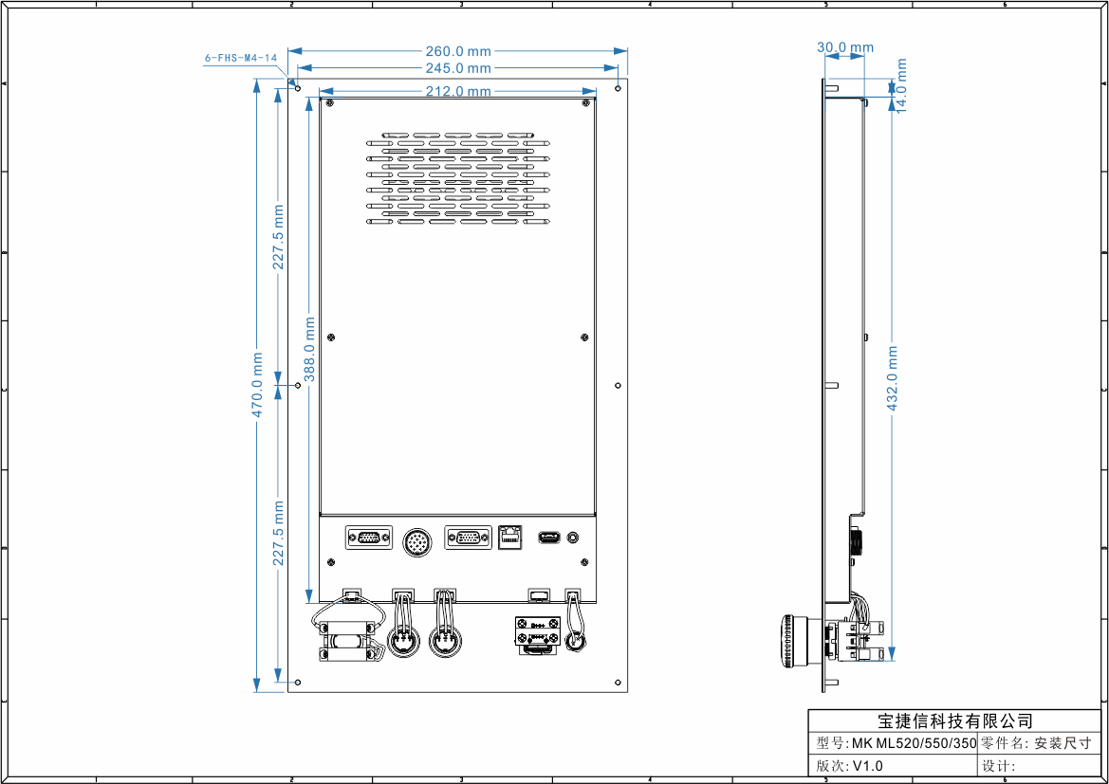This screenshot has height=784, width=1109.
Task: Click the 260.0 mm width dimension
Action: [x=458, y=51]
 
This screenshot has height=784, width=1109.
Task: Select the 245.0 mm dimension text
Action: [x=458, y=68]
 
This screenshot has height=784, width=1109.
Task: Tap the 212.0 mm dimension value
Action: [x=458, y=91]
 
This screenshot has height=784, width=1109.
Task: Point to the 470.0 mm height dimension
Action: [x=257, y=389]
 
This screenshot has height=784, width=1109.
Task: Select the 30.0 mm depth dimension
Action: [x=845, y=47]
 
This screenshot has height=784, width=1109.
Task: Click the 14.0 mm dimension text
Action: [x=901, y=85]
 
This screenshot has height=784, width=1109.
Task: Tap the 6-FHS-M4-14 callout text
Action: [x=241, y=58]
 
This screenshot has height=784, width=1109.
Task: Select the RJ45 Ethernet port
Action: [x=511, y=537]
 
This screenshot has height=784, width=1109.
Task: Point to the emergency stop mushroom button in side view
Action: [x=789, y=643]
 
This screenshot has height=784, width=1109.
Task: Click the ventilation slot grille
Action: [x=458, y=179]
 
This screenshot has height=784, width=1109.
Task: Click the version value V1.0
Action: [x=867, y=766]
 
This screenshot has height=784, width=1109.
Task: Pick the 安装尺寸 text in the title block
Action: [x=1062, y=743]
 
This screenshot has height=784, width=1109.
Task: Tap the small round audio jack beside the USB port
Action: [x=573, y=538]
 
